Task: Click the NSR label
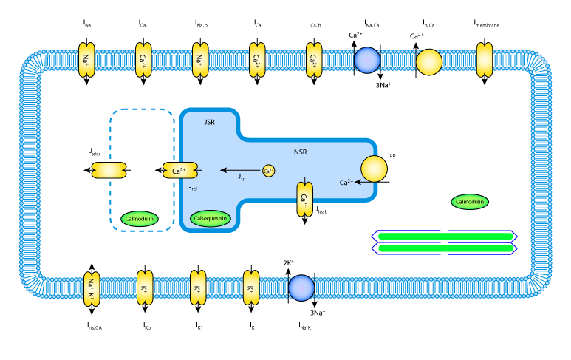coord(300,152)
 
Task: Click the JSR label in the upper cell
coord(209,122)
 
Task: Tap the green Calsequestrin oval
coord(211,218)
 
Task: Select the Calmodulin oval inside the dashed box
coord(140,219)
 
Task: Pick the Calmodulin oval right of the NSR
coord(470,202)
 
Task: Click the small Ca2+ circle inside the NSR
coord(268,171)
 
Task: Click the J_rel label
coord(193,186)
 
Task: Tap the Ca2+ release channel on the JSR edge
coord(180,170)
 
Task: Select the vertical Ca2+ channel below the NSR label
coord(304,200)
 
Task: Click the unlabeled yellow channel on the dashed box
coord(109,170)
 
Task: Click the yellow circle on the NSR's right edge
coord(374,169)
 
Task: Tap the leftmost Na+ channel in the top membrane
coord(86,60)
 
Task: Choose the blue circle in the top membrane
coord(367,61)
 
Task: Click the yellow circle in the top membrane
coord(428,62)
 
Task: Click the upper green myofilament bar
coord(445,237)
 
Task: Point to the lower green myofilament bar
coord(445,248)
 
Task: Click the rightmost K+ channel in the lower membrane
coord(251,288)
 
